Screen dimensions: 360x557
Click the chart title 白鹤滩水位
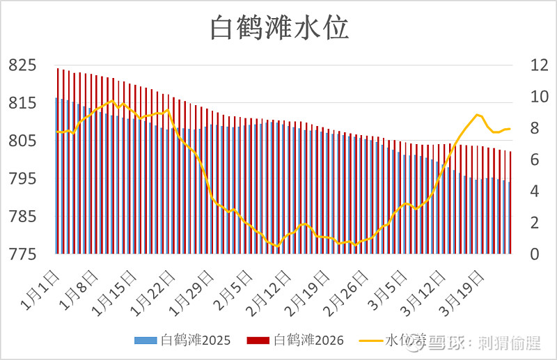[x=279, y=29]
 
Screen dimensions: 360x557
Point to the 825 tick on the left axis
[x=22, y=65]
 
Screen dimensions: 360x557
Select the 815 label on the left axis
[x=22, y=103]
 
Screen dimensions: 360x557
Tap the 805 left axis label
[x=22, y=141]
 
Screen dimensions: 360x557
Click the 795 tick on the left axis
[x=22, y=179]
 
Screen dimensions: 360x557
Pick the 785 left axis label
[x=22, y=217]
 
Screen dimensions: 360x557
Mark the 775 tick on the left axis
[x=22, y=254]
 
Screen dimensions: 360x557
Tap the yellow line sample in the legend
[x=371, y=341]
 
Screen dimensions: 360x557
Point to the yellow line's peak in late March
[x=477, y=115]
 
